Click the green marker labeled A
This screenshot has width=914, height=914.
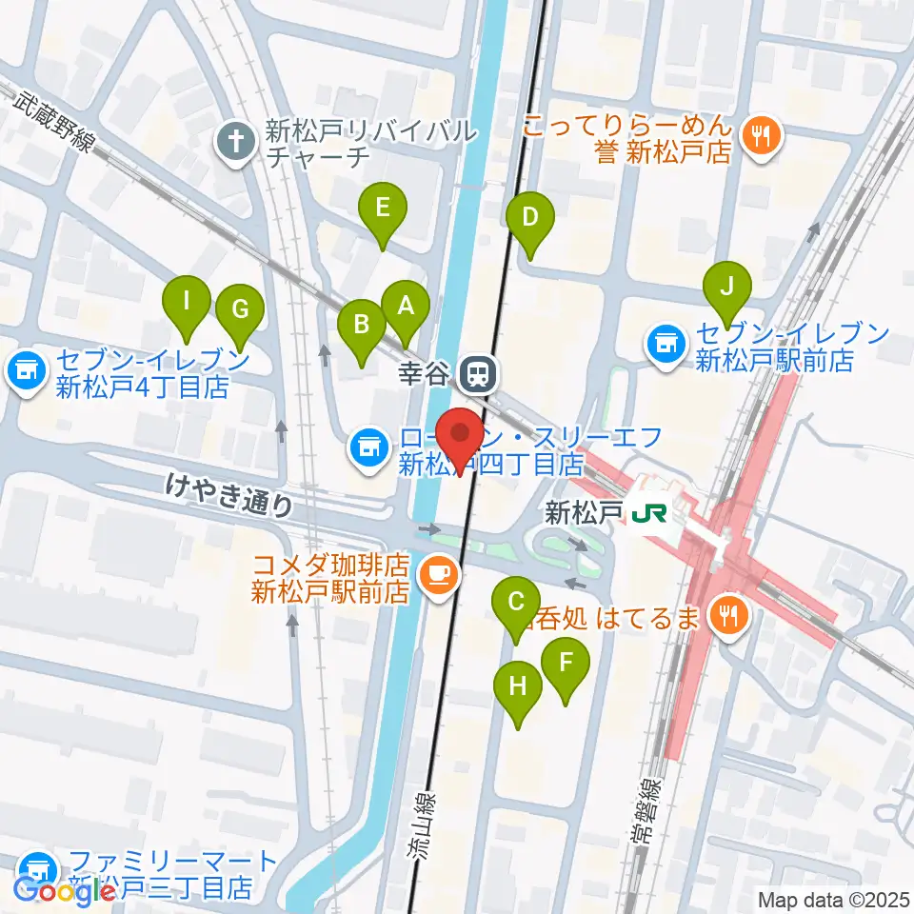pos(406,307)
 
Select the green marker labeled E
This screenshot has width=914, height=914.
pos(382,208)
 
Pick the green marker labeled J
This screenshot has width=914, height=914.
pos(727,287)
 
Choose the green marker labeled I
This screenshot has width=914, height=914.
pos(187,303)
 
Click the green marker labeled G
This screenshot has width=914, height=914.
pos(239,309)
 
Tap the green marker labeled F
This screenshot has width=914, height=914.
pos(566,662)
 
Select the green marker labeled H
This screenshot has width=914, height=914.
pos(518,685)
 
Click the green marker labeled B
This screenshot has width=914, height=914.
pos(362,325)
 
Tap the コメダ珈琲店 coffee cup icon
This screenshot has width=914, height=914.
pos(439,573)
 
